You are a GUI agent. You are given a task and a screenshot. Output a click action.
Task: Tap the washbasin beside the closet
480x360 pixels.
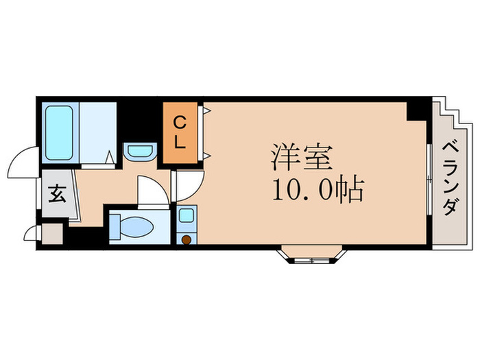[140, 150]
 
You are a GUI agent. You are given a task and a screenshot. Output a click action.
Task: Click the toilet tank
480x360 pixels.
[116, 226]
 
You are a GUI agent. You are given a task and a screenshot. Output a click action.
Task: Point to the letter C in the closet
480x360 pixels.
[178, 123]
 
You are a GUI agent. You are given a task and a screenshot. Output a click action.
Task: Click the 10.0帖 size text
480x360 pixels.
[317, 190]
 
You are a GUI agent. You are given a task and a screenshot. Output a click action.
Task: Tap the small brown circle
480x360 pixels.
[185, 239]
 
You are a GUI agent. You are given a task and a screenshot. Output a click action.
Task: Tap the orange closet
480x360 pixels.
[180, 133]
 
